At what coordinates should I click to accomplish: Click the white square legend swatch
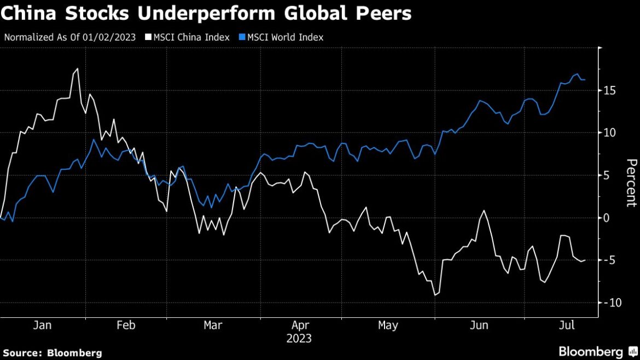tap(147, 37)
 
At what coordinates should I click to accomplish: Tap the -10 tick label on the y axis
tap(610, 303)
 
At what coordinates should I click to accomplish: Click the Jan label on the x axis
tap(42, 326)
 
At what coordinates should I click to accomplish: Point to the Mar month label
tap(213, 326)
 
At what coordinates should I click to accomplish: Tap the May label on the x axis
tap(388, 326)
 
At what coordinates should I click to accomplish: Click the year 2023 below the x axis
tap(299, 339)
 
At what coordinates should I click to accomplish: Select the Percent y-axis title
tap(631, 183)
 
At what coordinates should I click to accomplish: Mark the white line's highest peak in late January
tap(77, 68)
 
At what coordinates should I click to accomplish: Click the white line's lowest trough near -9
tap(435, 295)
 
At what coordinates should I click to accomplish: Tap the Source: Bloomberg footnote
tap(53, 353)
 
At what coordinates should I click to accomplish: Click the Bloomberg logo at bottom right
tap(595, 351)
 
